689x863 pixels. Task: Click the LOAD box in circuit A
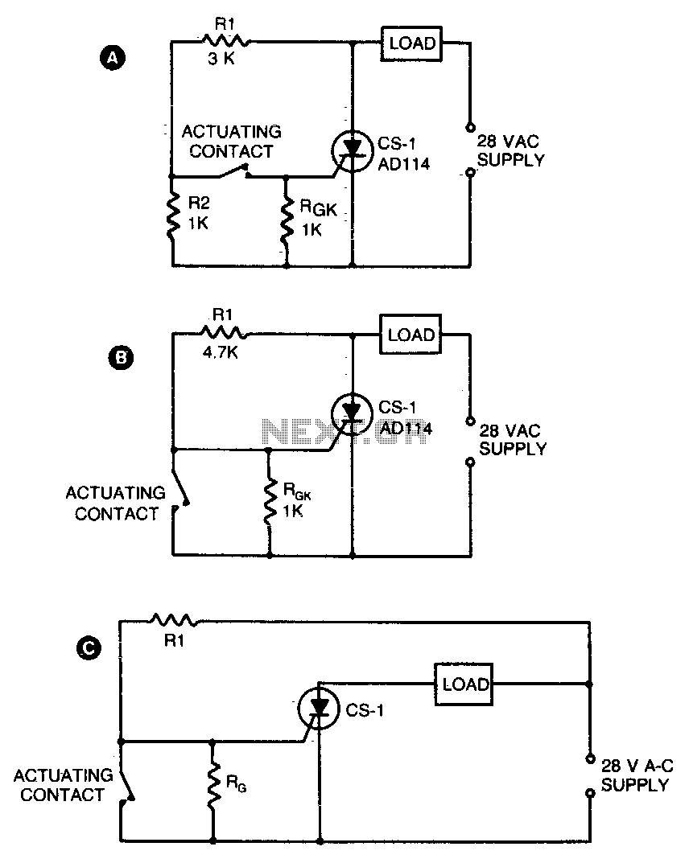pos(411,43)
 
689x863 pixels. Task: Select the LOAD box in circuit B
pos(411,334)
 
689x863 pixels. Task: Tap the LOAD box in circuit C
pos(464,684)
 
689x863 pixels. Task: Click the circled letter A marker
pos(113,58)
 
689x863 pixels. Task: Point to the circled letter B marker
pos(121,357)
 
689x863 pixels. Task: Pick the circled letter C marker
pos(89,647)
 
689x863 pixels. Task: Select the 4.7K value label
pos(221,352)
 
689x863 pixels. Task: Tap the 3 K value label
pos(221,59)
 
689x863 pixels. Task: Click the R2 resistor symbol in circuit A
pos(174,216)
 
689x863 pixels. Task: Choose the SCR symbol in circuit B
pos(352,414)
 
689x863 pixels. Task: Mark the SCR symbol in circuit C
pos(319,709)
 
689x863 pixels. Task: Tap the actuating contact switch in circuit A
pos(233,171)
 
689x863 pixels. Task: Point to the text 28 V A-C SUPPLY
pos(637,775)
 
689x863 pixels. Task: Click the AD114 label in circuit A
pos(404,164)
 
